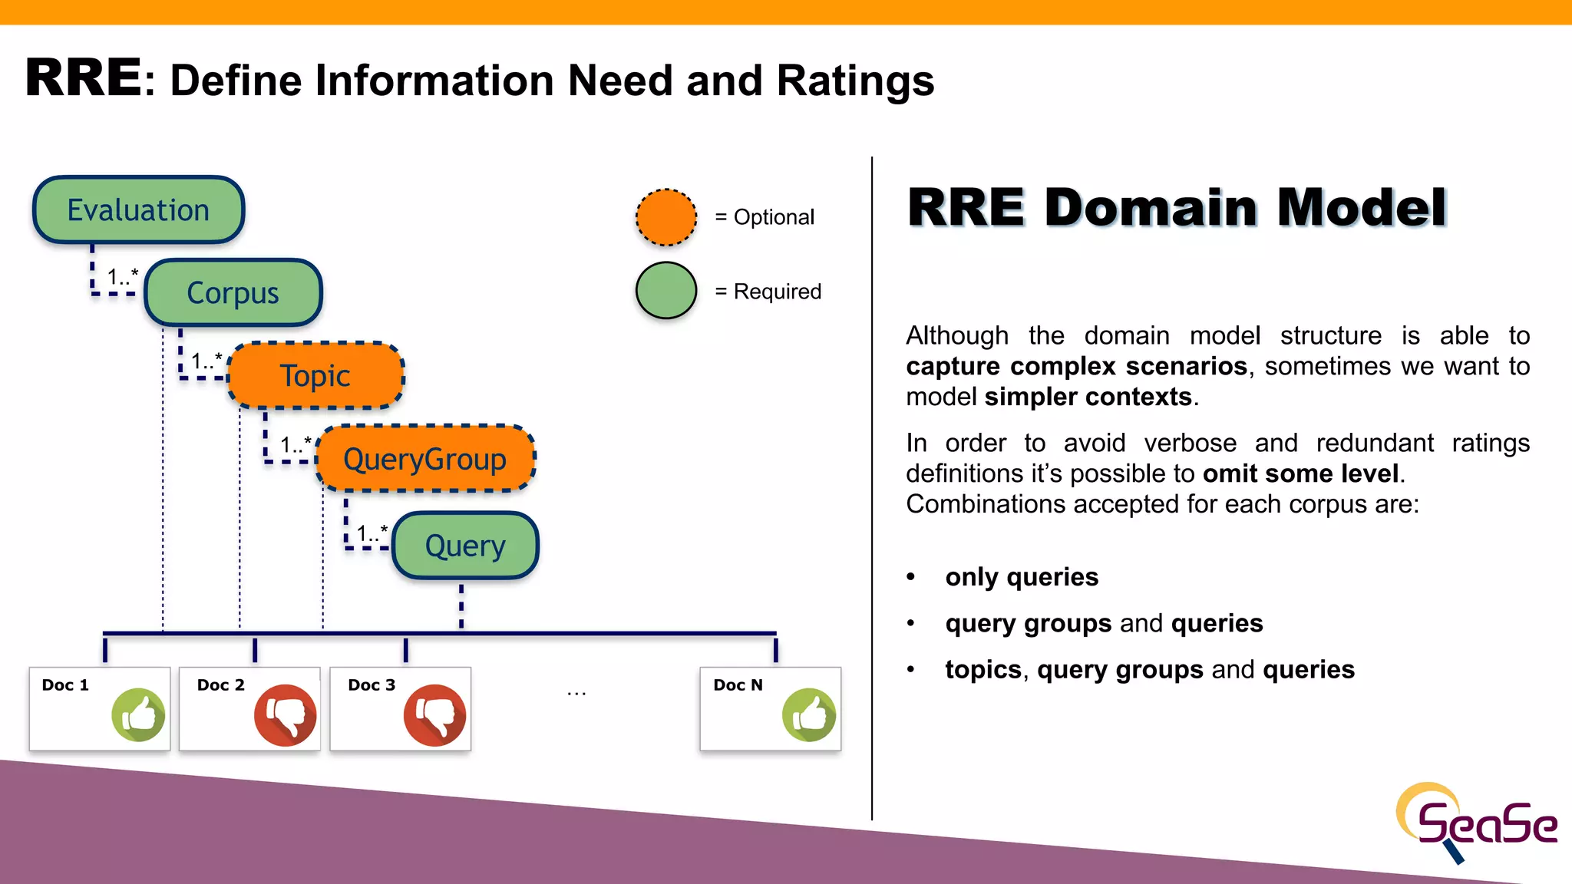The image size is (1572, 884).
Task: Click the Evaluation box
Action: pyautogui.click(x=138, y=210)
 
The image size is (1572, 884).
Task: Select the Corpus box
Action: pyautogui.click(x=233, y=293)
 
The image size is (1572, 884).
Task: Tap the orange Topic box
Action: pyautogui.click(x=315, y=376)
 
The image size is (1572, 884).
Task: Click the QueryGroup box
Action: pyautogui.click(x=425, y=459)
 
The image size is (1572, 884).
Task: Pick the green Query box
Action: pyautogui.click(x=465, y=546)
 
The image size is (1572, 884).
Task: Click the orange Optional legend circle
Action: pyautogui.click(x=666, y=217)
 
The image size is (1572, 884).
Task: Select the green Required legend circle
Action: pyautogui.click(x=666, y=291)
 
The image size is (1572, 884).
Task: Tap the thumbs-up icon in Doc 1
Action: pyautogui.click(x=139, y=715)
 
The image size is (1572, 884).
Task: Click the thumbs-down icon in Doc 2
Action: pyautogui.click(x=286, y=715)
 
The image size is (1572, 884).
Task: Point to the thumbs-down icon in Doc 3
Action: pyautogui.click(x=435, y=715)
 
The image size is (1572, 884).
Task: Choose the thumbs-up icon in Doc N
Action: pyautogui.click(x=809, y=715)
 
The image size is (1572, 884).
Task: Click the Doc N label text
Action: pyautogui.click(x=738, y=685)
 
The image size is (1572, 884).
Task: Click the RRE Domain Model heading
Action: pyautogui.click(x=1177, y=208)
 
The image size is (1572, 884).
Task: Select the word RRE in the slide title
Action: pyautogui.click(x=84, y=78)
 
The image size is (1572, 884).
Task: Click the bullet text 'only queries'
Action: pyautogui.click(x=1022, y=577)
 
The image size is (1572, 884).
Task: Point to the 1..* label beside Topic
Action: pyautogui.click(x=206, y=360)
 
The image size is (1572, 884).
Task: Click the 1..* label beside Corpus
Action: pyautogui.click(x=123, y=276)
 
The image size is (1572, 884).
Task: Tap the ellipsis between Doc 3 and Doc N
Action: pyautogui.click(x=576, y=694)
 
